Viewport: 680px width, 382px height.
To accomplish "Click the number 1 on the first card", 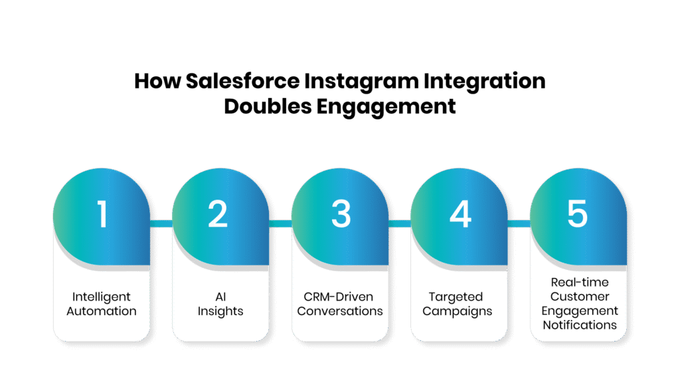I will point(102,214).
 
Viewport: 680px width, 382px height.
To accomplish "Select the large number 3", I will point(341,214).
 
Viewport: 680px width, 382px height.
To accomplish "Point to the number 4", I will point(460,214).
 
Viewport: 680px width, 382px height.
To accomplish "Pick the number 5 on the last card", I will point(578,214).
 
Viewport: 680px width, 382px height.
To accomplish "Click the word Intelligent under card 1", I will point(102,296).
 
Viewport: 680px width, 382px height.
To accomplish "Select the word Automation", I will point(102,311).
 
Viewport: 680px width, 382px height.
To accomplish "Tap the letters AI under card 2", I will point(220,296).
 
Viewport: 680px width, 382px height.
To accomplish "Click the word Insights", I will point(220,311).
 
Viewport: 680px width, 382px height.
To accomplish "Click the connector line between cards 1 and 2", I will point(161,223).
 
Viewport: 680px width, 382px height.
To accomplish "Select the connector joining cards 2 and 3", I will point(280,223).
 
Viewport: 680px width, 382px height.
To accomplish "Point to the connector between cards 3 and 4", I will point(399,223).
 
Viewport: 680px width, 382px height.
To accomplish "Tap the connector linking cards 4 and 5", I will point(518,223).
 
